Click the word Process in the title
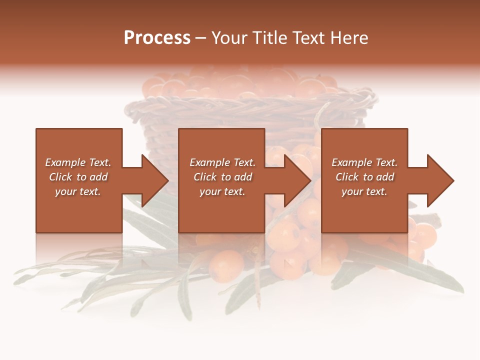pos(157,38)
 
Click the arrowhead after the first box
pos(152,180)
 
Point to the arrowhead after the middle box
pos(295,180)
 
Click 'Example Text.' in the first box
pos(78,162)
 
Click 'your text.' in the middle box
pos(222,191)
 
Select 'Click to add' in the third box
pos(364,177)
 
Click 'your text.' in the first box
pos(78,191)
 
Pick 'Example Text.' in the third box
pos(364,162)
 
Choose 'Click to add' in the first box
pos(78,177)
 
